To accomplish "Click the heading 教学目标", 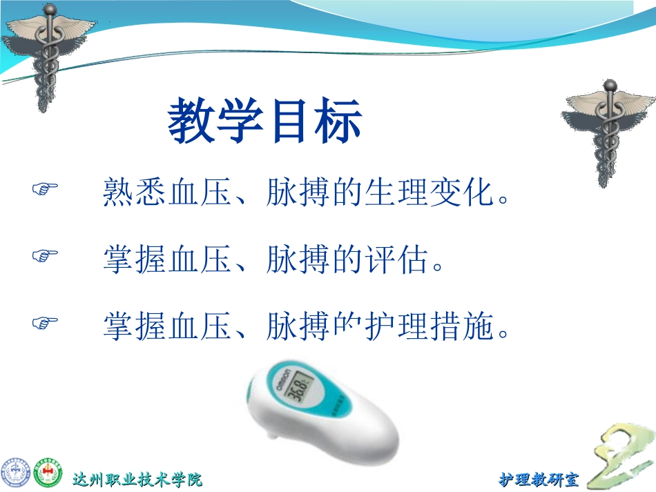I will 264,122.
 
